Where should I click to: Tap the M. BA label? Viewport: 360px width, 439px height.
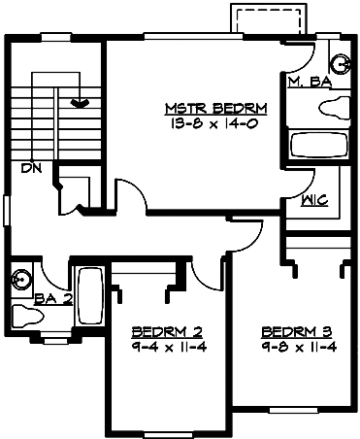(x=310, y=84)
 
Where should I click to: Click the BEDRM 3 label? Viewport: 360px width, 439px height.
(x=297, y=329)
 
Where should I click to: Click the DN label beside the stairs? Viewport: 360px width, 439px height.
(x=31, y=167)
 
